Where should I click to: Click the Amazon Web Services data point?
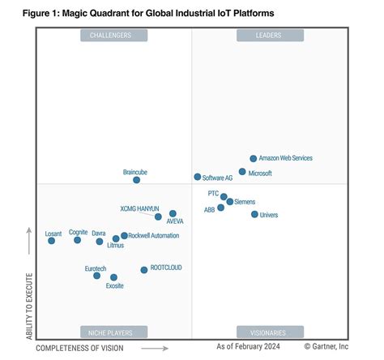pos(254,159)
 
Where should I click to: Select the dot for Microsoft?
pos(242,172)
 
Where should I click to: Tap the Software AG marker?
pos(197,177)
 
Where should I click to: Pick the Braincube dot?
pos(137,180)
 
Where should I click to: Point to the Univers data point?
pos(254,215)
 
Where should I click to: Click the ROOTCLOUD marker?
pos(144,269)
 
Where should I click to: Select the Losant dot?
pos(51,241)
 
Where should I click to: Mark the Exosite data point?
pos(113,277)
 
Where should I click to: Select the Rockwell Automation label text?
pos(154,236)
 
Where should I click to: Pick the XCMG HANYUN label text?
pos(139,209)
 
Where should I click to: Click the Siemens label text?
pos(245,201)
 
